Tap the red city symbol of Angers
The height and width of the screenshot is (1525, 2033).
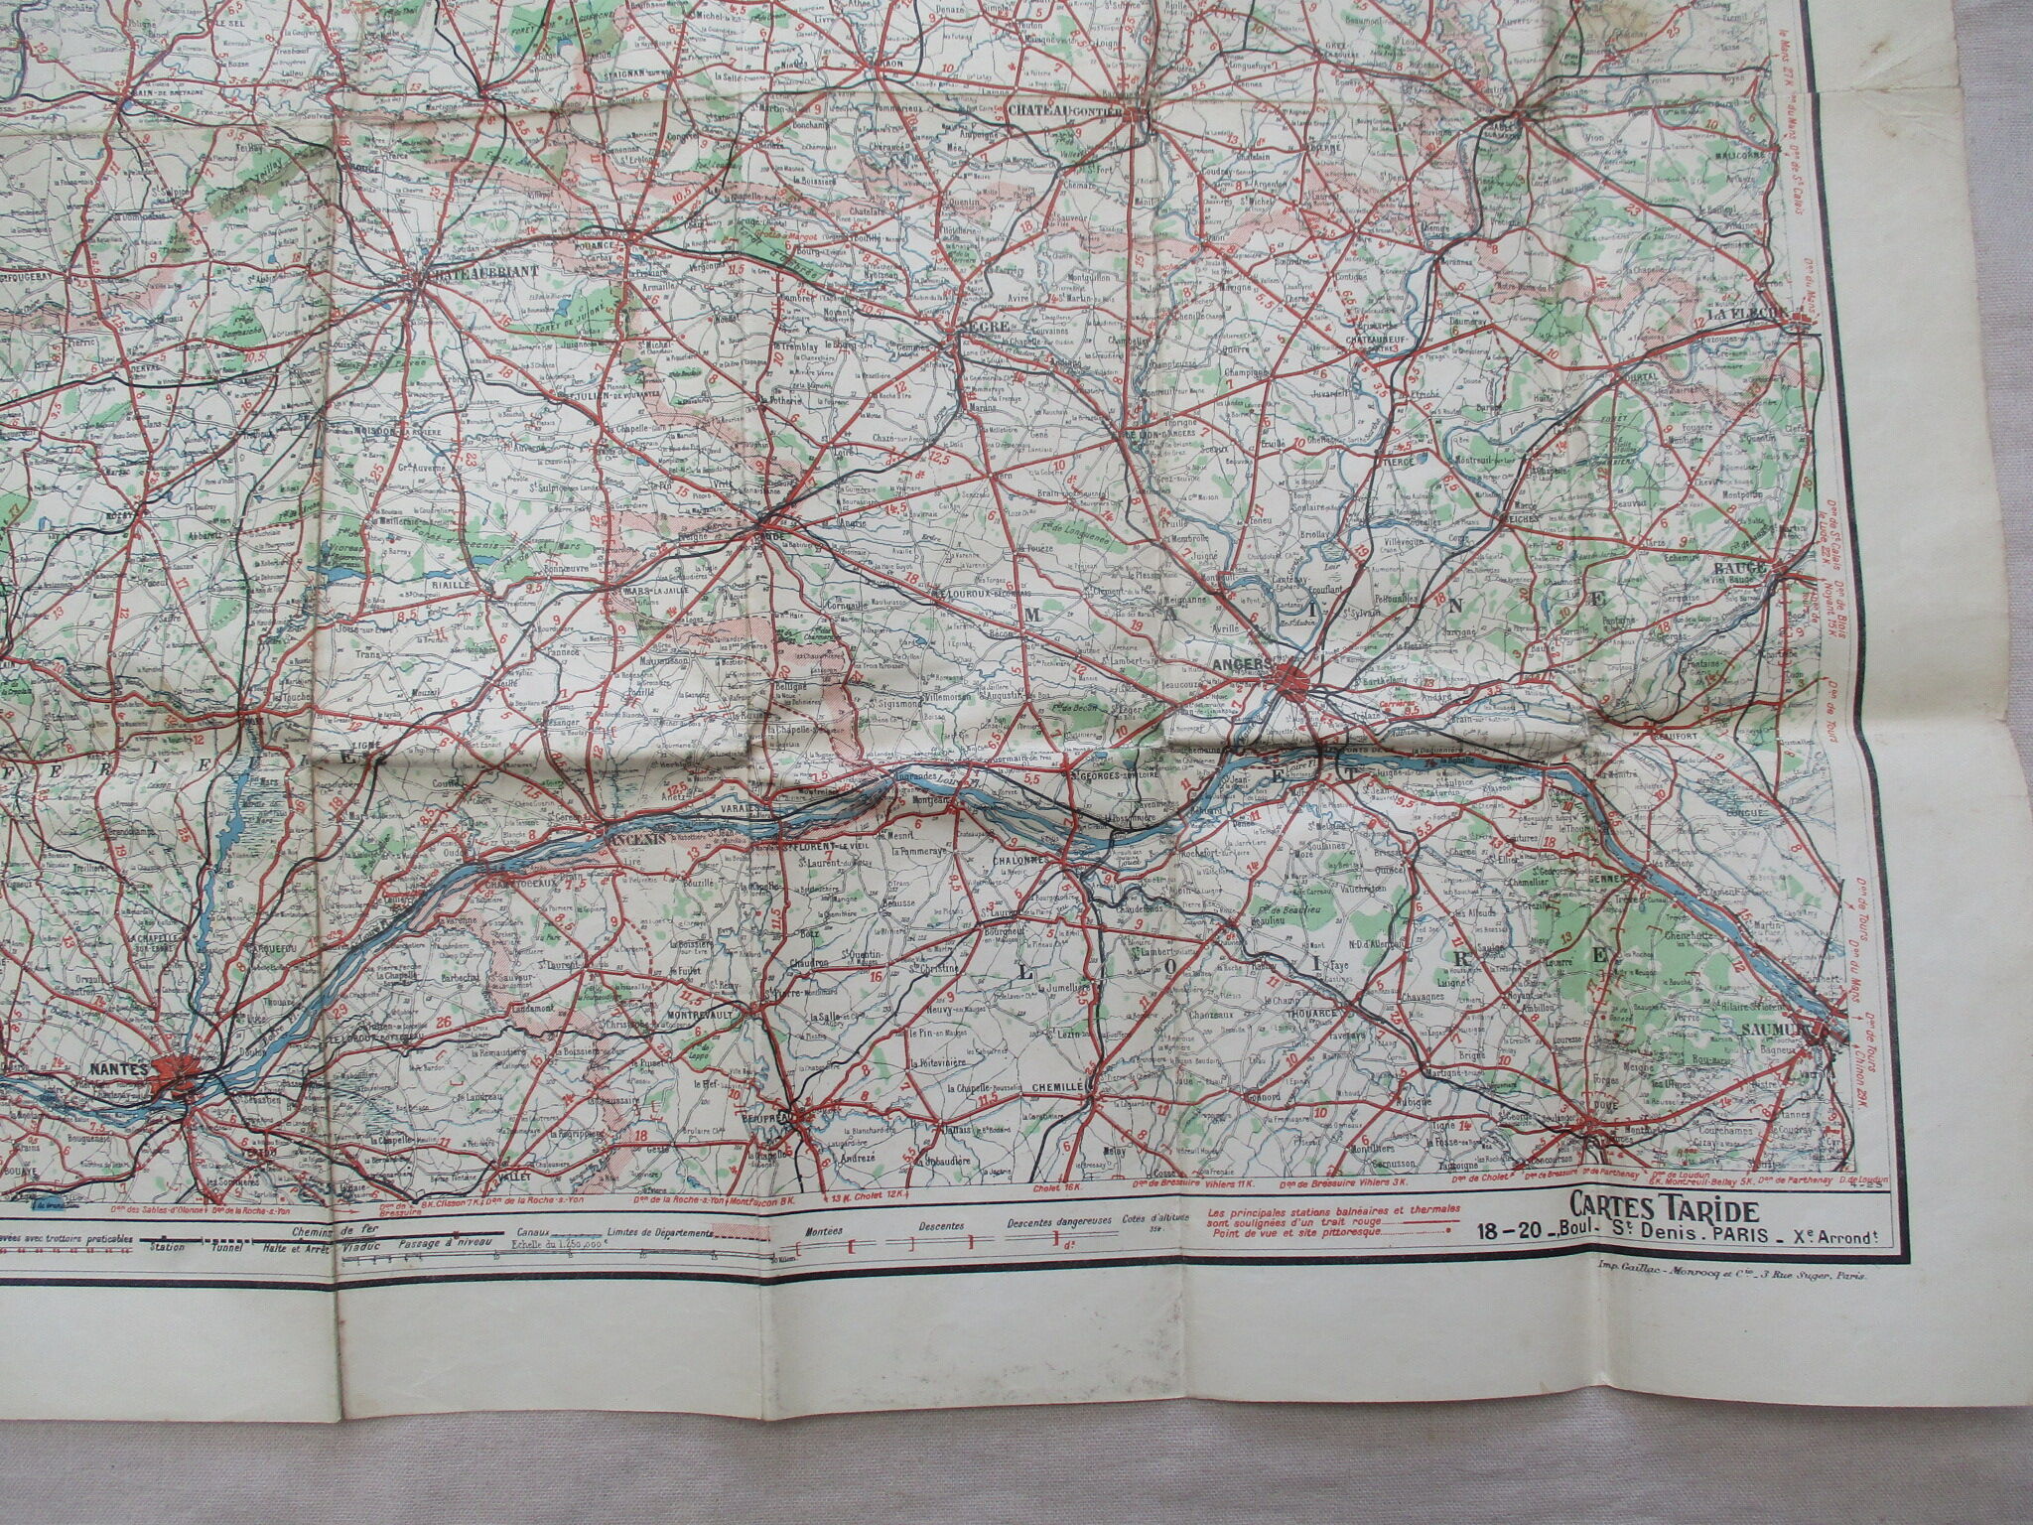[x=1291, y=679]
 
